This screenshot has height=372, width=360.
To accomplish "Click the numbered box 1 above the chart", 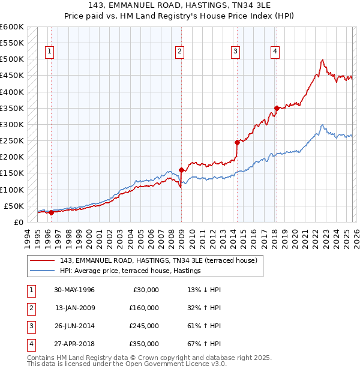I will [48, 52].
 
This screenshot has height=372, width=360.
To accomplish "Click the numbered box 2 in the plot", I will [179, 52].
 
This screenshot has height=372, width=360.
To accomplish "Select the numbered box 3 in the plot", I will [236, 52].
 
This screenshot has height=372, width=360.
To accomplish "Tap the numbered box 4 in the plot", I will [275, 52].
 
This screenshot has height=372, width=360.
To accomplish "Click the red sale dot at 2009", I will [181, 170].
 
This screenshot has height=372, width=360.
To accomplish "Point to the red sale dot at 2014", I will [237, 142].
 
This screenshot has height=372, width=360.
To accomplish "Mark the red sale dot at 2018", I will [277, 108].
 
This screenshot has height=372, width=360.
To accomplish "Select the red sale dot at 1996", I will [51, 212].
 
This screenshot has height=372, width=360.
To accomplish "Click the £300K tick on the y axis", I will [11, 124].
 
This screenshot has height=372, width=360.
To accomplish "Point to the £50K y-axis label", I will [13, 206].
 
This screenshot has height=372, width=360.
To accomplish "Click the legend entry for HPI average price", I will [130, 271].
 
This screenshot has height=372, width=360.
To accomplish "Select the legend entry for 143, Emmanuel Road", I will [158, 260].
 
